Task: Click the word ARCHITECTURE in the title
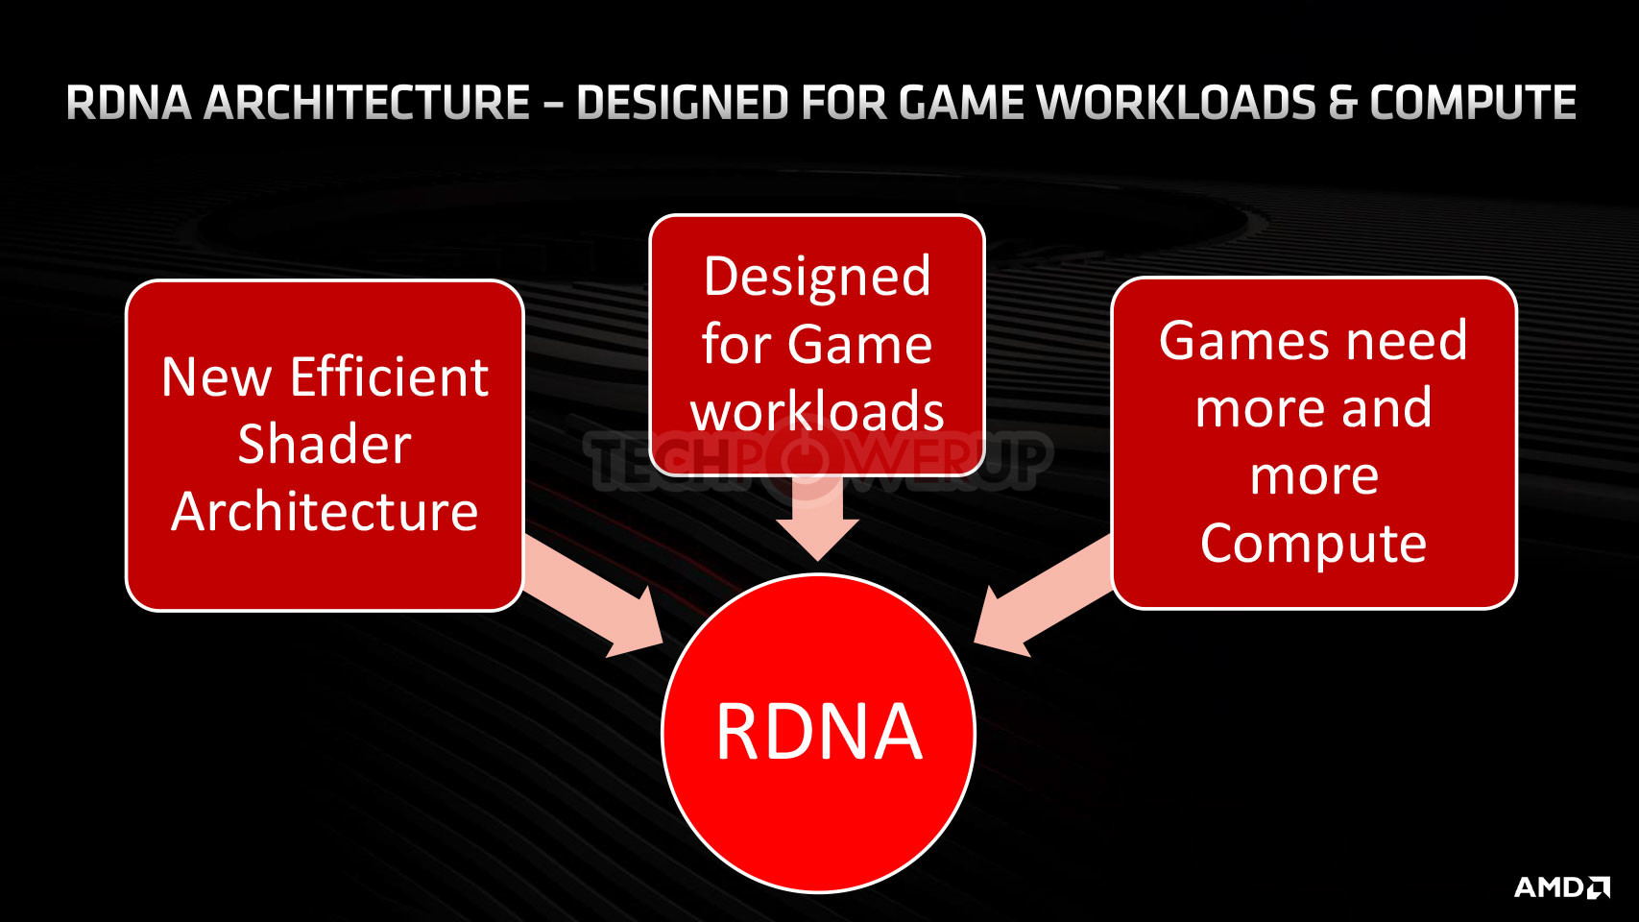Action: coord(367,103)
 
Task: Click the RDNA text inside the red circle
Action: coord(818,733)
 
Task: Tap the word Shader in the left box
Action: coord(325,444)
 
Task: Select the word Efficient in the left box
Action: coord(389,376)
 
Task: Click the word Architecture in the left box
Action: coord(325,511)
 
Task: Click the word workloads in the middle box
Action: coord(816,410)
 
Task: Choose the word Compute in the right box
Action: coord(1314,545)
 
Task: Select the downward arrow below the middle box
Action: coord(817,518)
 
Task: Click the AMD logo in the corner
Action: coord(1561,886)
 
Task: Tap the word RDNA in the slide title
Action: coord(129,103)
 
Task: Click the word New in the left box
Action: coord(217,376)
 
